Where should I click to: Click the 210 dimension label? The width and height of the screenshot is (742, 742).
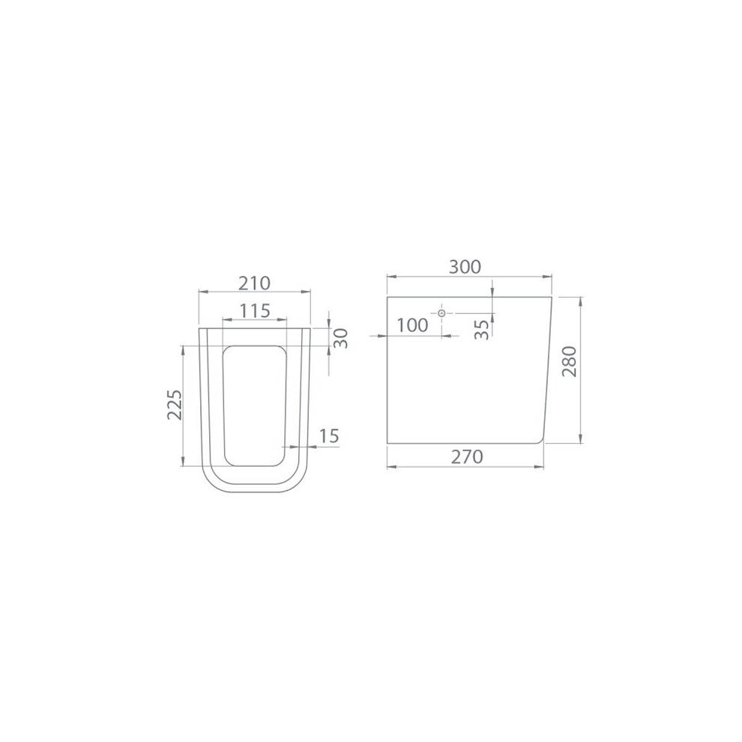tap(254, 283)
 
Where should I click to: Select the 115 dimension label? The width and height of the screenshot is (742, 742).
tap(254, 311)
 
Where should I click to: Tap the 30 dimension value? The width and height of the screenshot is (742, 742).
tap(341, 338)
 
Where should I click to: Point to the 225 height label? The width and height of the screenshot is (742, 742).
tap(175, 405)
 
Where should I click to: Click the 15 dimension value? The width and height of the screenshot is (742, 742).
tap(329, 435)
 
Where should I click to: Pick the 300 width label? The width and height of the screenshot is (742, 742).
tap(465, 267)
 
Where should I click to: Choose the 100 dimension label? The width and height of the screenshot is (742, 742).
tap(412, 325)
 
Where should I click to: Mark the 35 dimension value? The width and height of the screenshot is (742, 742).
tap(481, 329)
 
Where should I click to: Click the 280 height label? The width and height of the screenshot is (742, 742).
tap(570, 361)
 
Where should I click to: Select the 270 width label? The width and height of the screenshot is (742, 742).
tap(467, 456)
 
